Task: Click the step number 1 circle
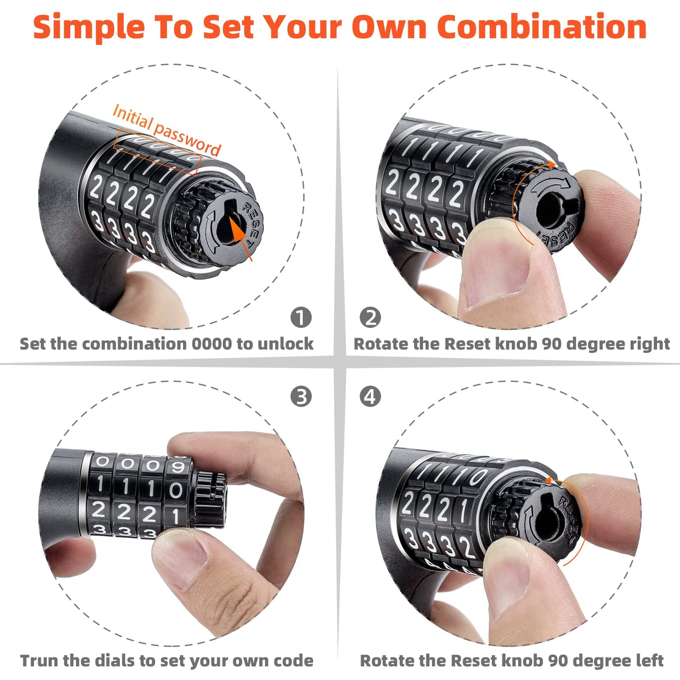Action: pos(301,317)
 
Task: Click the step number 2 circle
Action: pos(370,317)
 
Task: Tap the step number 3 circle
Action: pos(301,396)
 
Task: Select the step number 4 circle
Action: pos(370,396)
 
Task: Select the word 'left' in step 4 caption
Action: pos(649,661)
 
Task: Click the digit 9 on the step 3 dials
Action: pos(177,466)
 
